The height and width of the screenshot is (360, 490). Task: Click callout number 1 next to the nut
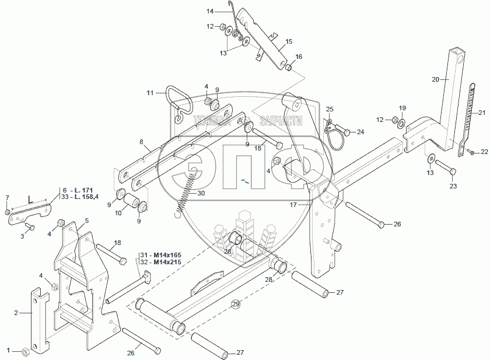pos(8,350)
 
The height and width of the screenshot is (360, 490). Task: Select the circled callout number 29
pos(236,304)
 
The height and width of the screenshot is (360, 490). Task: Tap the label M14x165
pos(162,254)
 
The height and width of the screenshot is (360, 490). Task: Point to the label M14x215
pos(162,262)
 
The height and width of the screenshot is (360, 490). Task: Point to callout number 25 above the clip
pos(330,110)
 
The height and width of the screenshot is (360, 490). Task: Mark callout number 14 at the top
pos(210,11)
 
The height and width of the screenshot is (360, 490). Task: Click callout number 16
pos(299,57)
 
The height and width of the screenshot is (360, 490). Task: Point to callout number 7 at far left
pos(7,197)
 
